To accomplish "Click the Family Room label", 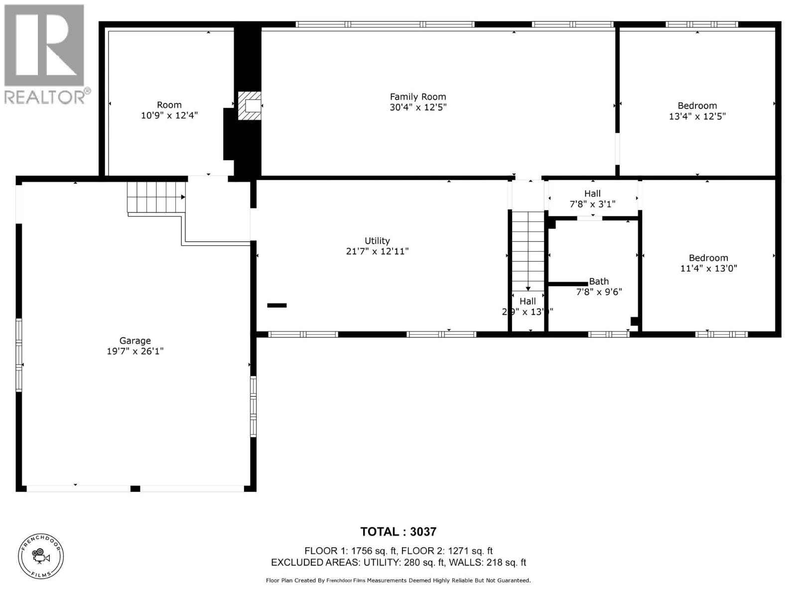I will pyautogui.click(x=418, y=97).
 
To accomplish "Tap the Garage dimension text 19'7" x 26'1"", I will pyautogui.click(x=135, y=351).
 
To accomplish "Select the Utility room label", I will pyautogui.click(x=377, y=241).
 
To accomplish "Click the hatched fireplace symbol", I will pyautogui.click(x=249, y=105).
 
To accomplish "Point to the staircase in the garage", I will pyautogui.click(x=156, y=197).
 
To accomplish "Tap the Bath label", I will pyautogui.click(x=599, y=282).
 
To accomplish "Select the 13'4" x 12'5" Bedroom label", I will pyautogui.click(x=697, y=111).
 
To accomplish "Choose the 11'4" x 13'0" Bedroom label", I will pyautogui.click(x=708, y=263).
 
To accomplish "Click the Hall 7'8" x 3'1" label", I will pyautogui.click(x=592, y=199).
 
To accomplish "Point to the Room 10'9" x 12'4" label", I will pyautogui.click(x=169, y=110).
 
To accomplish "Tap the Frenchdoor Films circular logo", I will pyautogui.click(x=41, y=557).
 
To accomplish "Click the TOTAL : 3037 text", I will pyautogui.click(x=398, y=532).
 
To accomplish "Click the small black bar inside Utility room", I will pyautogui.click(x=277, y=305).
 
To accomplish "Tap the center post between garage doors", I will pyautogui.click(x=135, y=489).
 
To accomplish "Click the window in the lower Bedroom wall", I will pyautogui.click(x=721, y=334).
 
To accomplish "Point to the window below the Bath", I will pyautogui.click(x=609, y=334).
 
